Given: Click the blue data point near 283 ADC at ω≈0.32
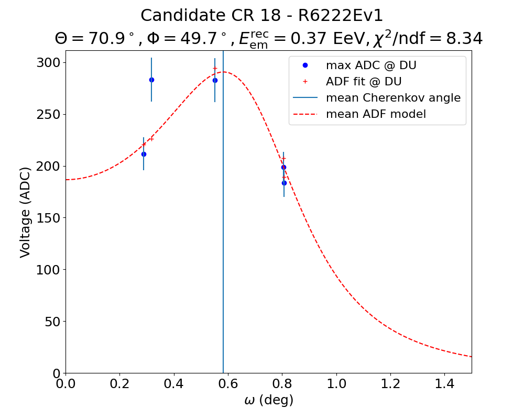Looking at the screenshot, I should tap(151, 80).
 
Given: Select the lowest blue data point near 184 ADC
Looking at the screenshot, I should tap(284, 183).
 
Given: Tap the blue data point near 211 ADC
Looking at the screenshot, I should tap(144, 154).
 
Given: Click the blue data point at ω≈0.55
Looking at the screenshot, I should tap(215, 80).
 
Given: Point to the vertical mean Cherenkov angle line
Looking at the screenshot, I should tap(223, 236).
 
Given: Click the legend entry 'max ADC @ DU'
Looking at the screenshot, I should tap(371, 65).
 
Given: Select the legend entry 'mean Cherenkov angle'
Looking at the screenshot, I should tap(393, 98).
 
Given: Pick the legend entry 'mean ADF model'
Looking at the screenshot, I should tap(376, 114).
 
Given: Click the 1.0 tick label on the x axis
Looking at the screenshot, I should tap(336, 384).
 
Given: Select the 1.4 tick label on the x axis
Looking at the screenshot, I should tap(444, 384).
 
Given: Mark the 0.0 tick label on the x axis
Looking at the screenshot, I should tap(65, 384).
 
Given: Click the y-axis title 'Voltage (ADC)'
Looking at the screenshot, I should tap(25, 212).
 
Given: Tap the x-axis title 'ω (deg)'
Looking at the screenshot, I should tap(269, 401).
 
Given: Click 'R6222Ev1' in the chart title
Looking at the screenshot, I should tap(341, 16).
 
